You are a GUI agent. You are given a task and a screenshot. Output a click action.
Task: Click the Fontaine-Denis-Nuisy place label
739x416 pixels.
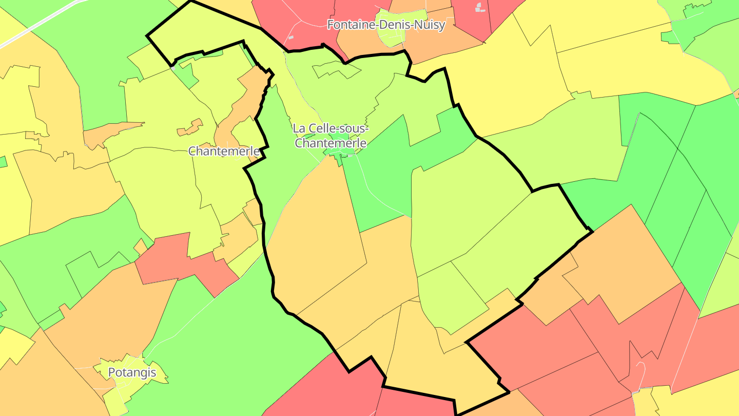[386, 25]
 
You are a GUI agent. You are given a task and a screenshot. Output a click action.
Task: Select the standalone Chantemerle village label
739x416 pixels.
[224, 151]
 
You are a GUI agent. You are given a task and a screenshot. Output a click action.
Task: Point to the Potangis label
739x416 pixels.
[132, 372]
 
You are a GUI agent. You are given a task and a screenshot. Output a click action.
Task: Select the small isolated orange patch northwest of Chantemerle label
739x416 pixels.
[190, 128]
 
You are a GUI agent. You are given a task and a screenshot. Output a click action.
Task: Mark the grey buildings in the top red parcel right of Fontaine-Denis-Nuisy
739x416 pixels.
[479, 7]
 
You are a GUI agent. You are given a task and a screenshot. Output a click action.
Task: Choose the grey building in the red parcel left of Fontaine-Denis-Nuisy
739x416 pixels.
[291, 37]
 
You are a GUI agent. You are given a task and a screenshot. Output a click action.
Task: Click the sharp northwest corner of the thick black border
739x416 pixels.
[148, 36]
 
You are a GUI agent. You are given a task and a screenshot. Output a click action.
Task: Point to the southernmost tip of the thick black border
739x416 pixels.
[456, 414]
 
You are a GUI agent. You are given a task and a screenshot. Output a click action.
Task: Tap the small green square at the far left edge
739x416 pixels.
[3, 162]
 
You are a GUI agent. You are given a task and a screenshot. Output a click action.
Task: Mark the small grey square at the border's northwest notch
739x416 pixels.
[173, 67]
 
